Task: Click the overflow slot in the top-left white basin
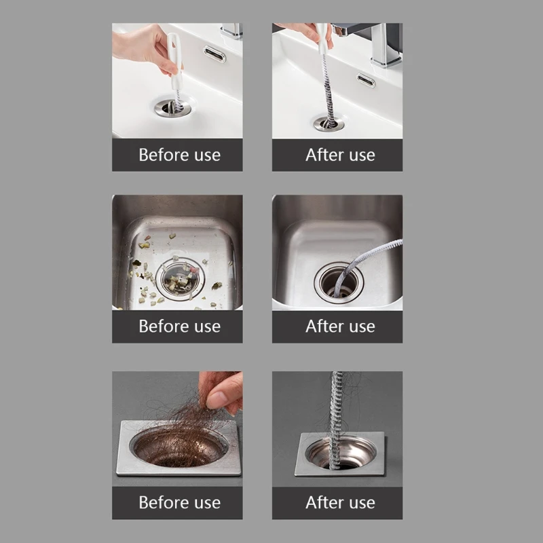pyautogui.click(x=214, y=54)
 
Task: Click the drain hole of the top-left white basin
pyautogui.click(x=172, y=107)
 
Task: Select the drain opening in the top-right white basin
pyautogui.click(x=329, y=123)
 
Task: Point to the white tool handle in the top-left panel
pyautogui.click(x=174, y=61)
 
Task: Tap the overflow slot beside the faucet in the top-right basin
pyautogui.click(x=367, y=81)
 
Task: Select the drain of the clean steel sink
pyautogui.click(x=338, y=280)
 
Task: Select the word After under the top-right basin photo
pyautogui.click(x=322, y=155)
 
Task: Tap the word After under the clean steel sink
pyautogui.click(x=322, y=326)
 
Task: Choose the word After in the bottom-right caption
pyautogui.click(x=322, y=503)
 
